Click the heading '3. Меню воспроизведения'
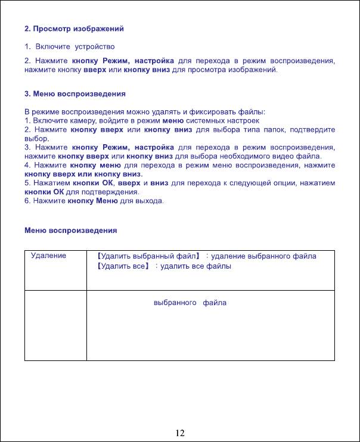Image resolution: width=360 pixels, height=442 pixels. pos(75,94)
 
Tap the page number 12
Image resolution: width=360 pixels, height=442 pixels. pos(179,432)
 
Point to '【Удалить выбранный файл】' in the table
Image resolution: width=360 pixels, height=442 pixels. pos(149,256)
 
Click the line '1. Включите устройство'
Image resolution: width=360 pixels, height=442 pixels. pos(69,46)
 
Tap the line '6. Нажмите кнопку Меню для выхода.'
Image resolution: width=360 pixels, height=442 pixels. pos(94,202)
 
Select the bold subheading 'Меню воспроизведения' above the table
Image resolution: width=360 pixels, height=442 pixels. pos(70,231)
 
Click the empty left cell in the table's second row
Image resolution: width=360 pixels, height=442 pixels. pos(55,325)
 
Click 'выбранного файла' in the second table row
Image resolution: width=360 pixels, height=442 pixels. pos(190,303)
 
